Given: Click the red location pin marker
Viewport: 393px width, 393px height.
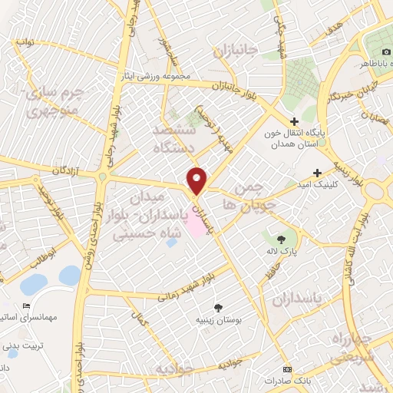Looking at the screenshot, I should (x=198, y=180).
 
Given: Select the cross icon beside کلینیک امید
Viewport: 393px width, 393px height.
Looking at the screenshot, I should (x=339, y=173).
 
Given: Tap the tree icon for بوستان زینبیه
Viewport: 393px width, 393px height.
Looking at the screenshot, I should (x=223, y=307).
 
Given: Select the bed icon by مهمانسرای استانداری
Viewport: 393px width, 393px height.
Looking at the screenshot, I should (x=28, y=305).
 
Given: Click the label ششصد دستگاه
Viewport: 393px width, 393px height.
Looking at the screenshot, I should (x=174, y=137).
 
